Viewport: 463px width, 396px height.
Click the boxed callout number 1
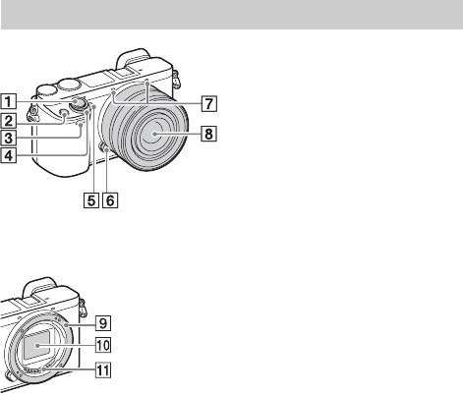tap(8, 101)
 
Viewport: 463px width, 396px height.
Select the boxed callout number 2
tap(8, 120)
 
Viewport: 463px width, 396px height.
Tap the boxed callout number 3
tap(8, 138)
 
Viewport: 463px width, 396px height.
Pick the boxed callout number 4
tap(8, 155)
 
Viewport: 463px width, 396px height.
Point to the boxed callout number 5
tap(91, 199)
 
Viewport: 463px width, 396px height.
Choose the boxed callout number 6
tap(110, 199)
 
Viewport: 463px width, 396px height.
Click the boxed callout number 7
tap(209, 103)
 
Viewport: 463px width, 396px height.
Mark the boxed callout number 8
tap(208, 134)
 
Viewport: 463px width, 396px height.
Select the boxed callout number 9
tap(103, 323)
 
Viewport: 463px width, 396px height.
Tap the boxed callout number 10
tap(103, 345)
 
